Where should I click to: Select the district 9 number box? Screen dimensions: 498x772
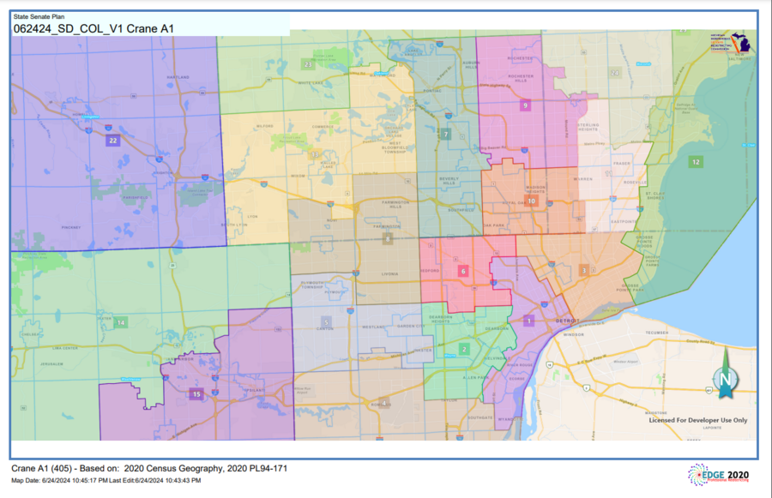(525, 105)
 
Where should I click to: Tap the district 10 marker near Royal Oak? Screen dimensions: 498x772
(532, 201)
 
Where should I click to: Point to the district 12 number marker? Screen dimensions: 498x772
(696, 161)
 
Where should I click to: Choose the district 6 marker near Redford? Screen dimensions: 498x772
(463, 271)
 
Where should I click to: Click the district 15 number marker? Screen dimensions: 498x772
(196, 394)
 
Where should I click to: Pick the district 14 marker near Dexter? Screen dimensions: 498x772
(121, 322)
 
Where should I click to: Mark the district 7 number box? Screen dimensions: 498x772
(446, 135)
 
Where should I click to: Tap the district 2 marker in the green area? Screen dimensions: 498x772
(464, 349)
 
